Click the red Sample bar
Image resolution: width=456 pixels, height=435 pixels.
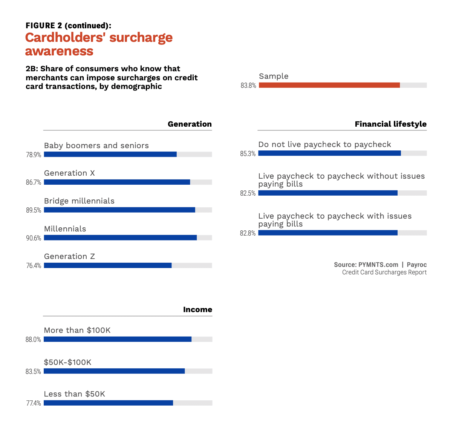[329, 85]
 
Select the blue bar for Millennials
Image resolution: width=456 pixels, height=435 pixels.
[120, 238]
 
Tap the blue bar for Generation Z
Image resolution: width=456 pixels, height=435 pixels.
[108, 265]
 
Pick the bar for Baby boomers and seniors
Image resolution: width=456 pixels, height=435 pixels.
[110, 154]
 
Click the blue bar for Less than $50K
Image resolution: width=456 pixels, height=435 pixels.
[108, 403]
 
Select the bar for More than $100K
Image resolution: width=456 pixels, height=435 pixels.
[118, 339]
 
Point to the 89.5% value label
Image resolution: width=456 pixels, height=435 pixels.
[34, 210]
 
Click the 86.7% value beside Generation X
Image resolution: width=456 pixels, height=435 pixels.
[34, 182]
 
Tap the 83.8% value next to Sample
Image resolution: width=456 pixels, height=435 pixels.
[248, 86]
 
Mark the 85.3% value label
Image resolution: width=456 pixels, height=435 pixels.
[248, 154]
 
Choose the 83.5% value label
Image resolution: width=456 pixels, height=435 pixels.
[33, 372]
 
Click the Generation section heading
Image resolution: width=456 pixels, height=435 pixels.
[190, 124]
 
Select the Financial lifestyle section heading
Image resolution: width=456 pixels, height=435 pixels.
[390, 124]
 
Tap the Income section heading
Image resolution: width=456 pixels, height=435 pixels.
[197, 309]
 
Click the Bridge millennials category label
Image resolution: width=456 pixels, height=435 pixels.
[79, 201]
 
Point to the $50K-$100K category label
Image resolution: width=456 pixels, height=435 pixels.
[67, 362]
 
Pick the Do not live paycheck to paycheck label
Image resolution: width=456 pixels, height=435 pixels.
[324, 144]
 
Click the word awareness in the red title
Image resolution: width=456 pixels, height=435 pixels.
[59, 51]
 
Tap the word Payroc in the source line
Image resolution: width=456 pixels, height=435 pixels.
[416, 265]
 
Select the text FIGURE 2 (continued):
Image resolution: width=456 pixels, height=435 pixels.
[68, 26]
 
